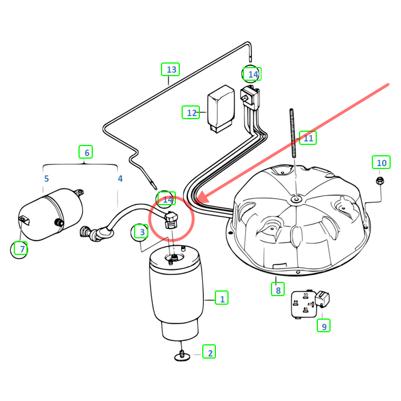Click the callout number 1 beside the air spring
click(x=222, y=298)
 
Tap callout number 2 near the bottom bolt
click(x=210, y=352)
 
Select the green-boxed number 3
click(x=140, y=231)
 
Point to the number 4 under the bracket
click(x=120, y=179)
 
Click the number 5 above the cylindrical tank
click(x=46, y=179)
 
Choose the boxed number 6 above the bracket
click(x=86, y=152)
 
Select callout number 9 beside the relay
click(x=324, y=326)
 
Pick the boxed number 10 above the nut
click(x=381, y=163)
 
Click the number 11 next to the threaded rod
click(x=309, y=138)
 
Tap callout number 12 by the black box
click(x=191, y=112)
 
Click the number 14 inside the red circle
click(x=167, y=199)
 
